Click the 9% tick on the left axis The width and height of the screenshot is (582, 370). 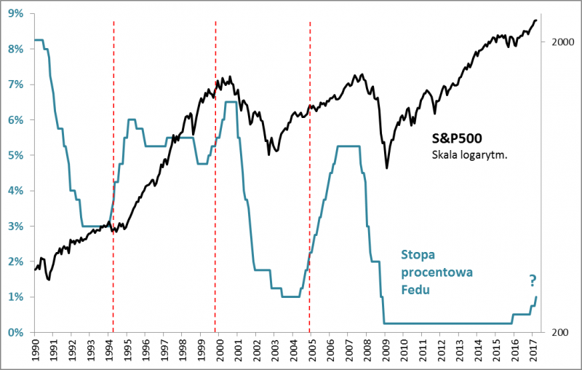15,14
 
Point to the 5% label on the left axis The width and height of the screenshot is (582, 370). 15,155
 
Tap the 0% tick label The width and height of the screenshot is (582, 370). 15,332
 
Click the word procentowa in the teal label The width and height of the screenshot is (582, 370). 437,272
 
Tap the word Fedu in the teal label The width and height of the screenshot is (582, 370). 417,289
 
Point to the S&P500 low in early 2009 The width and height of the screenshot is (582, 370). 386,168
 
